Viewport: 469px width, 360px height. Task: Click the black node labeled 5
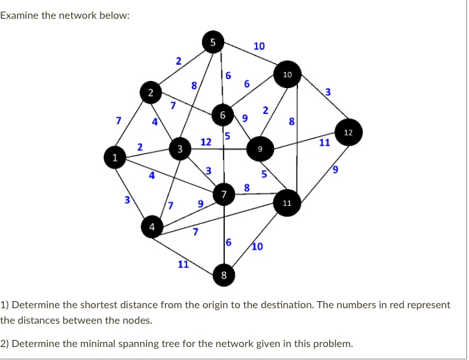point(212,42)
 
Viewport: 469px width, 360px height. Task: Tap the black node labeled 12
point(349,133)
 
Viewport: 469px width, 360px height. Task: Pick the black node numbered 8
point(223,276)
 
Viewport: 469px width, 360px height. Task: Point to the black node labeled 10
point(288,75)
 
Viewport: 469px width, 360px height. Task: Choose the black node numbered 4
point(152,227)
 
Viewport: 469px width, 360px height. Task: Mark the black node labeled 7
point(223,194)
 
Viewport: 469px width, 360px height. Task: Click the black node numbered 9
point(260,148)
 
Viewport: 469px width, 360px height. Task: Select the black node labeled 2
point(150,93)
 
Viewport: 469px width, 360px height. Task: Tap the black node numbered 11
point(287,203)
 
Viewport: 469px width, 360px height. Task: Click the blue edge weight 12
point(206,141)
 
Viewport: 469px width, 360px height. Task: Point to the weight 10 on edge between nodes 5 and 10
point(259,46)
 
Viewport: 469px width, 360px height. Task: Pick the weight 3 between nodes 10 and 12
point(328,93)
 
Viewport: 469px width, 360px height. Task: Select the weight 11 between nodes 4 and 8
point(183,264)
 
